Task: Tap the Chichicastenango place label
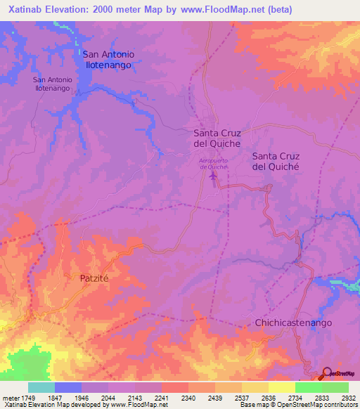pos(293,322)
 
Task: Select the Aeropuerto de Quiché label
pos(214,164)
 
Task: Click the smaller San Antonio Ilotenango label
pos(51,84)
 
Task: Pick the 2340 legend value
pos(188,398)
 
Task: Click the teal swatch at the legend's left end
pos(41,387)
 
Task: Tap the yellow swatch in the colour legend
pos(281,387)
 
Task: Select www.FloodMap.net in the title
pos(218,10)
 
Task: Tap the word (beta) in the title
pos(278,10)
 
